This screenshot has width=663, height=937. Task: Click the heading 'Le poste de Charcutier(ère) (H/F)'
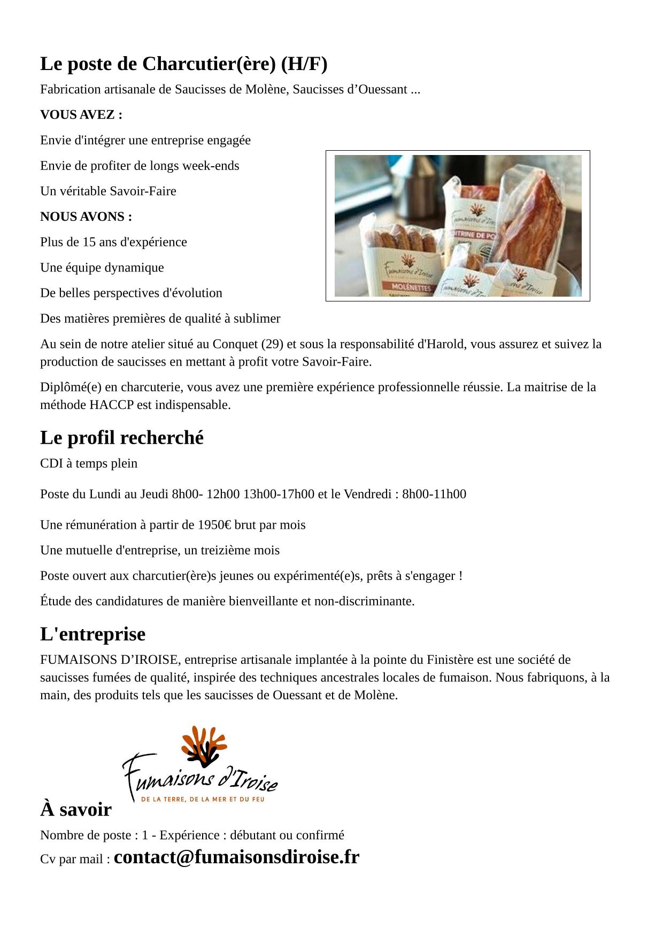coord(183,64)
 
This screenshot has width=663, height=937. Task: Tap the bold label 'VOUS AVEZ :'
coord(81,115)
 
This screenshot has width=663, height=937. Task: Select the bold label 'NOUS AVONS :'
coord(86,217)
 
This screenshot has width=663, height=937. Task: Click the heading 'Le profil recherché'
coord(122,438)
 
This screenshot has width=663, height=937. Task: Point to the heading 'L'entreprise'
coord(92,634)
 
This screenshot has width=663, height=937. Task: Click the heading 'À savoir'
coord(75,810)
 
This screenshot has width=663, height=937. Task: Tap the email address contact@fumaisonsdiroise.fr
coord(236,857)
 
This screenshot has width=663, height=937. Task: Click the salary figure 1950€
coord(214,525)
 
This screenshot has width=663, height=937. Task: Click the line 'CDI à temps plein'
coord(89,463)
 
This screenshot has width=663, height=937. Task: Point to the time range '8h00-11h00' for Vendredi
coord(434,494)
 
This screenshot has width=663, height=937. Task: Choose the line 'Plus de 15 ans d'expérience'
coord(113,242)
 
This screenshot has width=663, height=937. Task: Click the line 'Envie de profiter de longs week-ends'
coord(140,166)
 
